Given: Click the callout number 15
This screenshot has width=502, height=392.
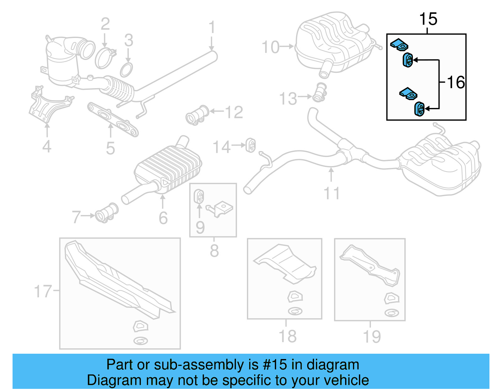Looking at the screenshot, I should pyautogui.click(x=428, y=19).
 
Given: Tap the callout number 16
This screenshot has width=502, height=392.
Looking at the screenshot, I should pyautogui.click(x=456, y=83).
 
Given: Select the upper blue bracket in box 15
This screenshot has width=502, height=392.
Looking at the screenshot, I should pyautogui.click(x=399, y=44).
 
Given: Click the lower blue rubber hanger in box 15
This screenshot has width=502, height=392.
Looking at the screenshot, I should pyautogui.click(x=419, y=109).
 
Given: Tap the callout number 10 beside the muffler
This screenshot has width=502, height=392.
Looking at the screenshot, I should pyautogui.click(x=270, y=47).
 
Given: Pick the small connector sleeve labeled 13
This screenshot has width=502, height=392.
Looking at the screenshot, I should pyautogui.click(x=320, y=93).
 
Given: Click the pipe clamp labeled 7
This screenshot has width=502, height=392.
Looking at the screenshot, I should pyautogui.click(x=107, y=213).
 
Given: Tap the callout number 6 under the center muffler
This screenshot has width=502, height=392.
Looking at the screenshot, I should pyautogui.click(x=163, y=218).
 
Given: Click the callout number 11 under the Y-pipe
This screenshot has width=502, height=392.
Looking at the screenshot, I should pyautogui.click(x=332, y=193).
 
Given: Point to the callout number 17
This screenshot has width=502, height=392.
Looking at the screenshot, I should pyautogui.click(x=43, y=291).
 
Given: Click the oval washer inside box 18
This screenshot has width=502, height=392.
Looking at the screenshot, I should pyautogui.click(x=295, y=311).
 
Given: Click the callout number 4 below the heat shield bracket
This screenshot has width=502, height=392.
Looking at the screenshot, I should pyautogui.click(x=47, y=146).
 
